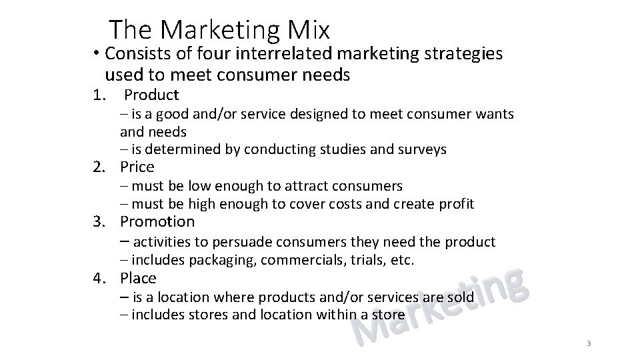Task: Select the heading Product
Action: pyautogui.click(x=152, y=95)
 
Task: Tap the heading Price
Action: pyautogui.click(x=137, y=167)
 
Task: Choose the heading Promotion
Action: pyautogui.click(x=157, y=221)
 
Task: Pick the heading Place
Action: pyautogui.click(x=139, y=278)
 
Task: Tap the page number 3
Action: pyautogui.click(x=589, y=343)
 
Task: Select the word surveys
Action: pyautogui.click(x=422, y=149)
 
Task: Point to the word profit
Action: pyautogui.click(x=457, y=203)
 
